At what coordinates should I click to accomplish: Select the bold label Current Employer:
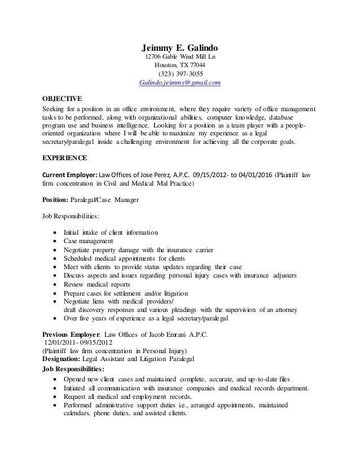pos(71,174)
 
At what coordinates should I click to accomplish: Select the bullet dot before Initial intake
pos(54,232)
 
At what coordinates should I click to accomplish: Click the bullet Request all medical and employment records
pos(139,397)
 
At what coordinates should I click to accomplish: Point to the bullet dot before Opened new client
pos(54,379)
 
